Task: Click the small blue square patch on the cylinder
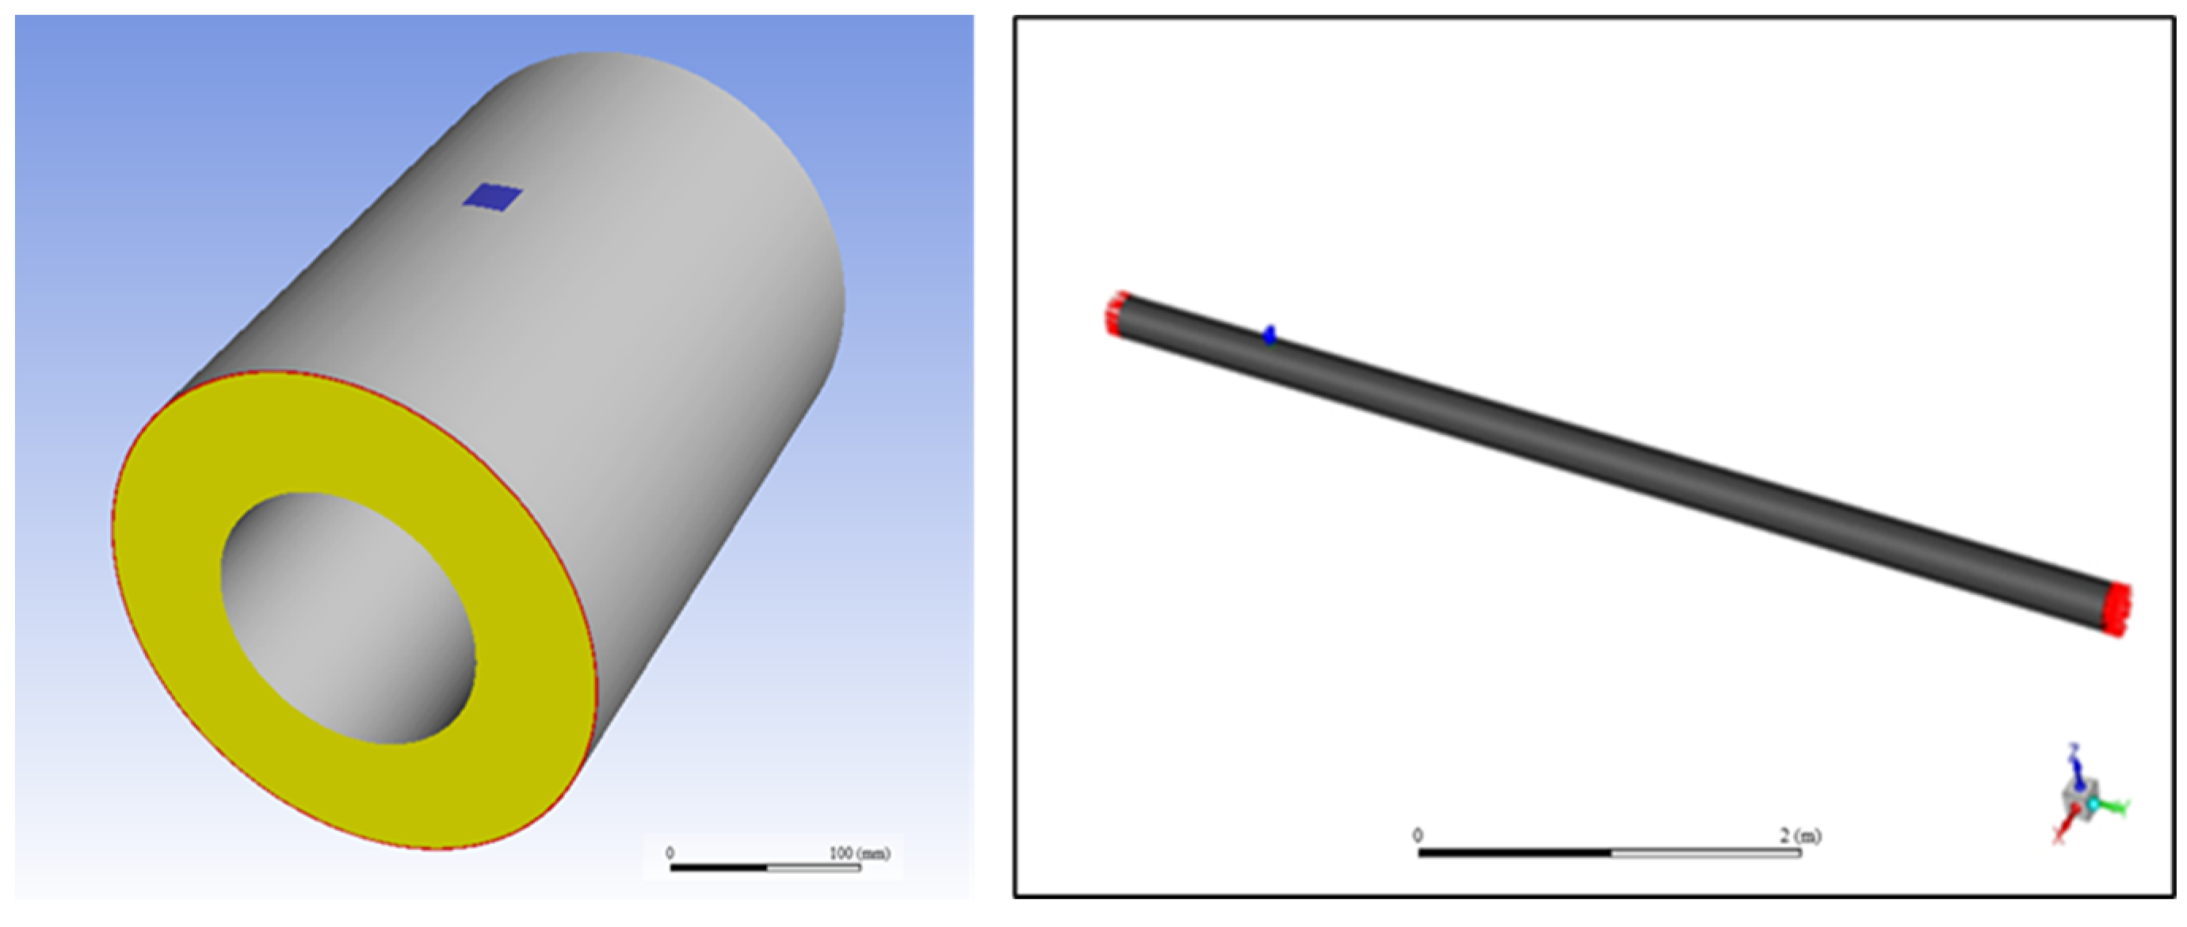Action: [x=492, y=197]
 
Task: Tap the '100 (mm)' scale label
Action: [x=859, y=853]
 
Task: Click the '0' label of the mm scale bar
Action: [x=670, y=853]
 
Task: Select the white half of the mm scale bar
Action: [x=813, y=868]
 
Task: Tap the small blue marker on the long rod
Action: [x=1269, y=334]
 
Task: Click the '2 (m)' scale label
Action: [x=1800, y=835]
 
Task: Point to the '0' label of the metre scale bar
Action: [x=1418, y=835]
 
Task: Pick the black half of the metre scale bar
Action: [x=1514, y=853]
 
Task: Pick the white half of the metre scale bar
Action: [x=1707, y=853]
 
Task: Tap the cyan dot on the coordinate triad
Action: [x=2093, y=803]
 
